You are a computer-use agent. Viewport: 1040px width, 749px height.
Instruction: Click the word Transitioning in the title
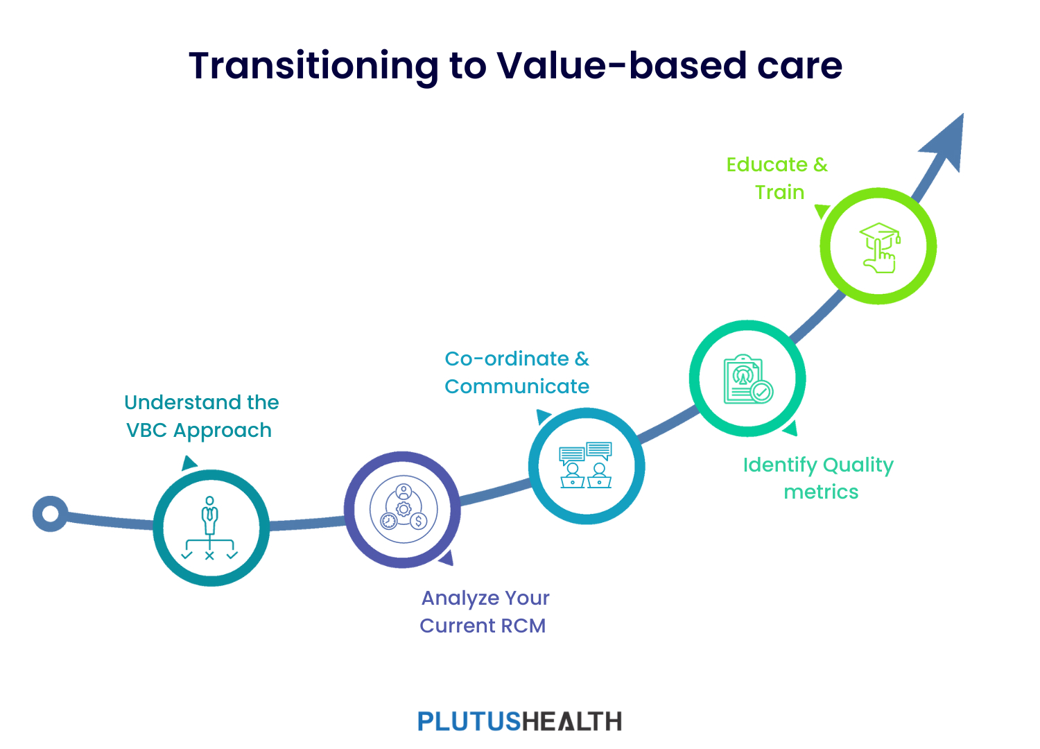click(x=314, y=67)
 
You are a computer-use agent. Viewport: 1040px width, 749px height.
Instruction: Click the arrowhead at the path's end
click(x=945, y=141)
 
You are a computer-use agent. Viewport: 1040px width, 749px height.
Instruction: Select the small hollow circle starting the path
click(x=50, y=514)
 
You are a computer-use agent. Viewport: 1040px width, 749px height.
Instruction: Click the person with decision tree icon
click(x=210, y=528)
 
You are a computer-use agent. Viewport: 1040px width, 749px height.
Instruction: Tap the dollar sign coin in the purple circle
click(x=418, y=521)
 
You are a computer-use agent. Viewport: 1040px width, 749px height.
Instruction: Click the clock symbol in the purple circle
click(x=388, y=521)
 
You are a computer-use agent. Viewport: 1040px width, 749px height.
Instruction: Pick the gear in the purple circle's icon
click(x=404, y=509)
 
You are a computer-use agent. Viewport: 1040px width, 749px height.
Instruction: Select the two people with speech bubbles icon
click(x=585, y=465)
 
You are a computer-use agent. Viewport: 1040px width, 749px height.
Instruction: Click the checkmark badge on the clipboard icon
click(x=761, y=392)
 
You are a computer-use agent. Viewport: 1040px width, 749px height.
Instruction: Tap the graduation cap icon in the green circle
click(x=880, y=248)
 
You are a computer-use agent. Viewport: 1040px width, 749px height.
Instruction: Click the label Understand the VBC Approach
click(x=201, y=416)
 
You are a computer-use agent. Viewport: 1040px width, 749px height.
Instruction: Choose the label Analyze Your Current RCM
click(x=484, y=612)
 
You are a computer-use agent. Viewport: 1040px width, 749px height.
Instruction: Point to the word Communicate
click(x=517, y=387)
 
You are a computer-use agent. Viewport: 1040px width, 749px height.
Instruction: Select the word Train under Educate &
click(x=779, y=192)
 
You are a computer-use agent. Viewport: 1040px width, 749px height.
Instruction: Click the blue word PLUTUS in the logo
click(x=469, y=721)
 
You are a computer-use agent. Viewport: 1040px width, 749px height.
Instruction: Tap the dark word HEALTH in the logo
click(x=572, y=721)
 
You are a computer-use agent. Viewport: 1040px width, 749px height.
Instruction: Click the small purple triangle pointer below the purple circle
click(x=447, y=558)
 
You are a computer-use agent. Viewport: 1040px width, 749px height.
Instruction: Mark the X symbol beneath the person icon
click(x=209, y=556)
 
